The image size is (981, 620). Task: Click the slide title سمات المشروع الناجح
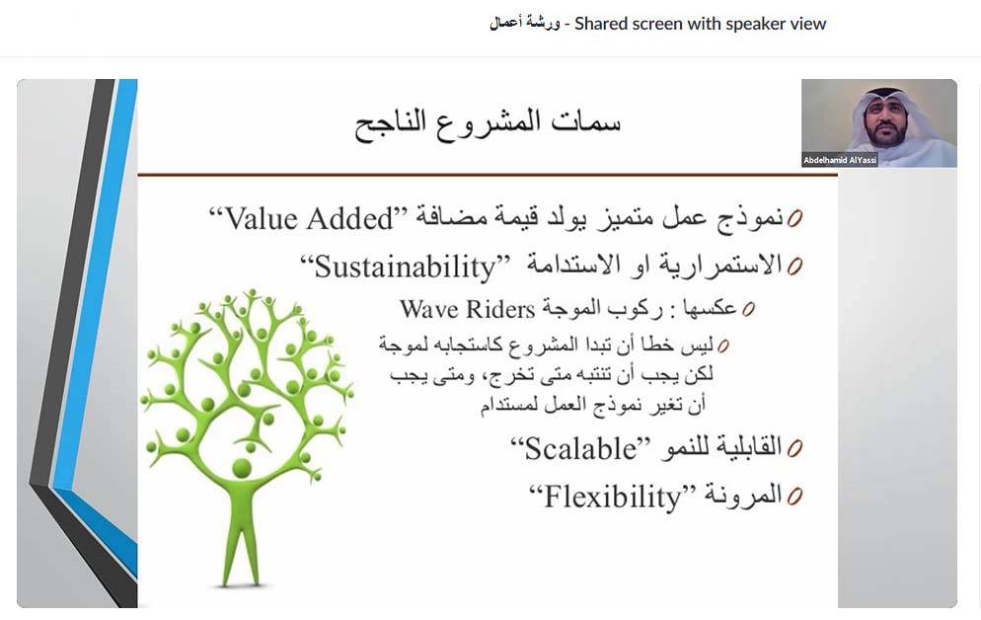488,125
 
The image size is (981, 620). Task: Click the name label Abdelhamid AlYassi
840,160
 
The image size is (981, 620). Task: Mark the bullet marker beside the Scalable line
794,449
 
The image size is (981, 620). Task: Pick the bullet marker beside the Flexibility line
794,496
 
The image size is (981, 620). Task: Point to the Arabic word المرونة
737,495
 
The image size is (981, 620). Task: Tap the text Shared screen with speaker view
701,24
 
